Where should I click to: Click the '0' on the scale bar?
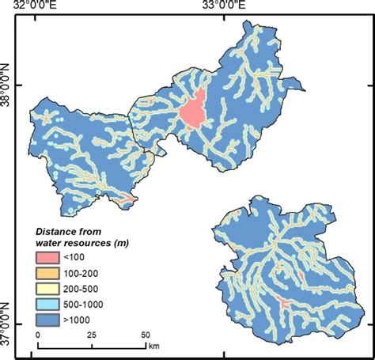[38, 335]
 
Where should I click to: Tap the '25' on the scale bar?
[91, 335]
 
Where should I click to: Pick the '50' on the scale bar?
[144, 335]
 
